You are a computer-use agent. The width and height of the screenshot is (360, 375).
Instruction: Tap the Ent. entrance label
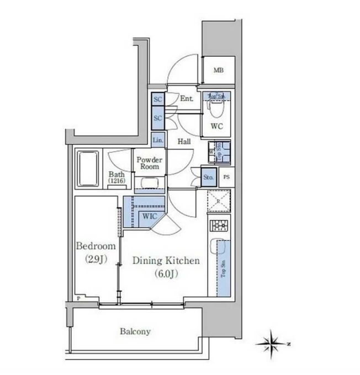[x=186, y=99]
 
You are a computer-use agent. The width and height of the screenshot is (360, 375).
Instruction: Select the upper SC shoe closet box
[x=157, y=100]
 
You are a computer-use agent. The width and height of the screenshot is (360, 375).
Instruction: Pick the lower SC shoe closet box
[x=157, y=118]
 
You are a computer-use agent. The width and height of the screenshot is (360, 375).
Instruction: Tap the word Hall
[x=184, y=141]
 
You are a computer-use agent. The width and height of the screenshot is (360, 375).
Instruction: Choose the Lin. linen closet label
[x=158, y=141]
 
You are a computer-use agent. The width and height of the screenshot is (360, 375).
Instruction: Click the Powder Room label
[x=149, y=162]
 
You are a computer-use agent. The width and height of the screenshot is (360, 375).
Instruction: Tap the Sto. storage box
[x=209, y=178]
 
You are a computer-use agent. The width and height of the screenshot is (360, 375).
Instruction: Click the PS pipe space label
[x=226, y=177]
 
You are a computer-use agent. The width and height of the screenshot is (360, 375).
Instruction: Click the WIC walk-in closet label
[x=150, y=217]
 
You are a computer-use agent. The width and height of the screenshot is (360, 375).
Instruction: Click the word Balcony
[x=135, y=331]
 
